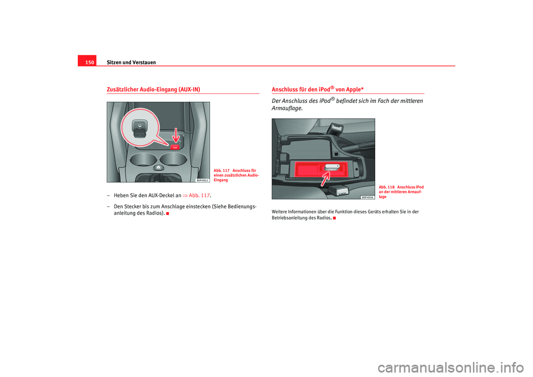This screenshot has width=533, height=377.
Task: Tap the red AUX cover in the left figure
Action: [174, 147]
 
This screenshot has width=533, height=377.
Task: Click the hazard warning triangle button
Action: [158, 167]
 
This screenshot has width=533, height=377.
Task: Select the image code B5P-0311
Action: [202, 180]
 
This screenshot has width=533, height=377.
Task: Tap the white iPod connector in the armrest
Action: [331, 167]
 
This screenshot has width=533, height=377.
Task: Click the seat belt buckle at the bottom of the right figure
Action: [338, 190]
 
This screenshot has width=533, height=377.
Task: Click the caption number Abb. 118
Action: [386, 187]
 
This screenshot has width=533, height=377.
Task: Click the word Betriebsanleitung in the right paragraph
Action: [292, 218]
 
